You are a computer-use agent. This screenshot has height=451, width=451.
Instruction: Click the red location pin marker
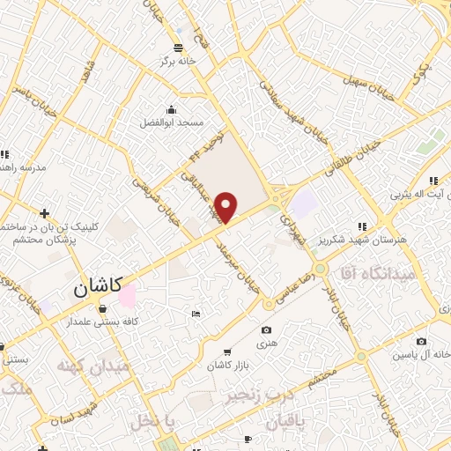[226, 207]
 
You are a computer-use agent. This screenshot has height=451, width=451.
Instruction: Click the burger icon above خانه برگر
[179, 47]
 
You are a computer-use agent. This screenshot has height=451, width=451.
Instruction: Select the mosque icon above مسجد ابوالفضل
[170, 111]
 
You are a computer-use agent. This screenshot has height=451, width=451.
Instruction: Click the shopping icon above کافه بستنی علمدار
[103, 308]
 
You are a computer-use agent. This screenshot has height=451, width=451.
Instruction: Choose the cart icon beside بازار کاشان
[228, 351]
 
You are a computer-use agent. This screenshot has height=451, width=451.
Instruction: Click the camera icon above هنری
[266, 330]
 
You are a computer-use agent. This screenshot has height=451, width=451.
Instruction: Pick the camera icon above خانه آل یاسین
[421, 341]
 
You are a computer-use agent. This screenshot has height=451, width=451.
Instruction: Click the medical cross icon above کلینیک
[44, 213]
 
